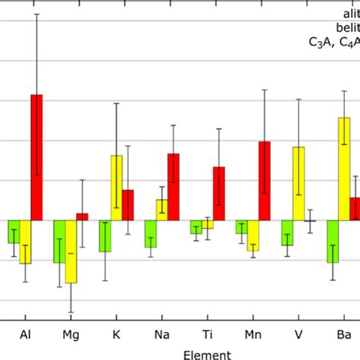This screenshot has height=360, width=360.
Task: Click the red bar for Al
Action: point(36,157)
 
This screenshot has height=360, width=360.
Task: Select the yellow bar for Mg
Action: point(71,251)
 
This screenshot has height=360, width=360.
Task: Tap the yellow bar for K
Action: point(116,188)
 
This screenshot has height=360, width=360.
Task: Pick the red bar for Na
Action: point(173,187)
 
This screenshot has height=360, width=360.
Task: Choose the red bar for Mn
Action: point(264,181)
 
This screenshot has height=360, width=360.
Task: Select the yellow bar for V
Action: point(298,183)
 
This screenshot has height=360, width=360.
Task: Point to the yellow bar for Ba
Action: point(344,169)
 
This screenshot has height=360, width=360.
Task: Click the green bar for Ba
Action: point(333,242)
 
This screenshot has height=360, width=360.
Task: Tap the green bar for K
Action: point(105,236)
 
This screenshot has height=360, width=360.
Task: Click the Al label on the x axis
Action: point(25,334)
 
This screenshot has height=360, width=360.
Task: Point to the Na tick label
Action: point(162,334)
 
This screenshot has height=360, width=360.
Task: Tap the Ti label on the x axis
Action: point(207,334)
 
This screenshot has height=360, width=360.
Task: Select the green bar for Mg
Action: point(59,242)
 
